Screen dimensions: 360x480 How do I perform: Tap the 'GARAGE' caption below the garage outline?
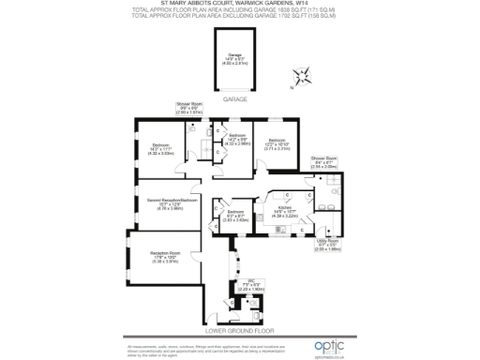tap(234, 98)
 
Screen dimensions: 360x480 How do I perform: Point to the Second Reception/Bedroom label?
tap(164, 203)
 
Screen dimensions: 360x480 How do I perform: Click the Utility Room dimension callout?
tap(328, 247)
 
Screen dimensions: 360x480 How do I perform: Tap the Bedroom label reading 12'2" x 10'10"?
tap(274, 143)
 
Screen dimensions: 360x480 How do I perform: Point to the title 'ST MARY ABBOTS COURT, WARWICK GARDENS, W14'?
tap(240, 3)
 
